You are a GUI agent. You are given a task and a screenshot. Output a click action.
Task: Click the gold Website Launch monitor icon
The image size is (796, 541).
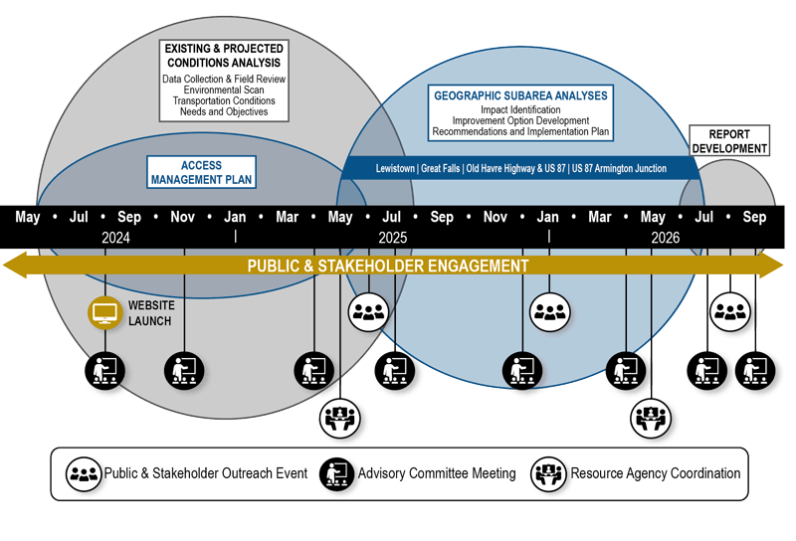[104, 313]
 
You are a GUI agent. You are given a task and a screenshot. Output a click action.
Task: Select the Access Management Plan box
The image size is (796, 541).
[202, 172]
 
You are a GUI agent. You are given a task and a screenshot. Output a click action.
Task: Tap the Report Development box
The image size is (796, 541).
[730, 141]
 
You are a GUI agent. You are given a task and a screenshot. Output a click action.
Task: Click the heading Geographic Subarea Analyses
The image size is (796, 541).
[520, 95]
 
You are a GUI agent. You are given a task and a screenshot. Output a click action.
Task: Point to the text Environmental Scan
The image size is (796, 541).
[224, 90]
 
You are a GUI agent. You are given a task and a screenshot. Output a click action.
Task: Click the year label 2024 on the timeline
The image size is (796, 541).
[116, 238]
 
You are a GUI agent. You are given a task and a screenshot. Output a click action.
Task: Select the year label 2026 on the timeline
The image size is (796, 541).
[666, 238]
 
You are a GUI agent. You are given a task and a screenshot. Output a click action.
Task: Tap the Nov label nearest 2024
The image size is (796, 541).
[182, 217]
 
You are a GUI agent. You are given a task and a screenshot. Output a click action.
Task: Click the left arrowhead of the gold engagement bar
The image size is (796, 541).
[14, 266]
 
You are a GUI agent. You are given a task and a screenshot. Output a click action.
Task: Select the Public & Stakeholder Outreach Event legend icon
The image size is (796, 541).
[83, 473]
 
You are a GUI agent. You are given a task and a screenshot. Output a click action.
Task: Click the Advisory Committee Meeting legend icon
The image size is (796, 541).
[337, 473]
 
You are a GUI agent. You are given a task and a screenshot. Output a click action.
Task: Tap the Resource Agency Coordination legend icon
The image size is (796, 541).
[549, 473]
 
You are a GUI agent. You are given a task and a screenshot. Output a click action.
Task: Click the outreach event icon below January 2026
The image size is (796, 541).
[550, 312]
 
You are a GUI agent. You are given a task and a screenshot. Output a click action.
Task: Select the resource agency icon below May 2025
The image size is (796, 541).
[341, 417]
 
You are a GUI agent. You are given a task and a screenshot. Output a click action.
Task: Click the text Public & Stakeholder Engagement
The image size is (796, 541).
[388, 266]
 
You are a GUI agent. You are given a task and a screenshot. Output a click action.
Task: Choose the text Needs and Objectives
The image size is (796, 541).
[224, 111]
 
